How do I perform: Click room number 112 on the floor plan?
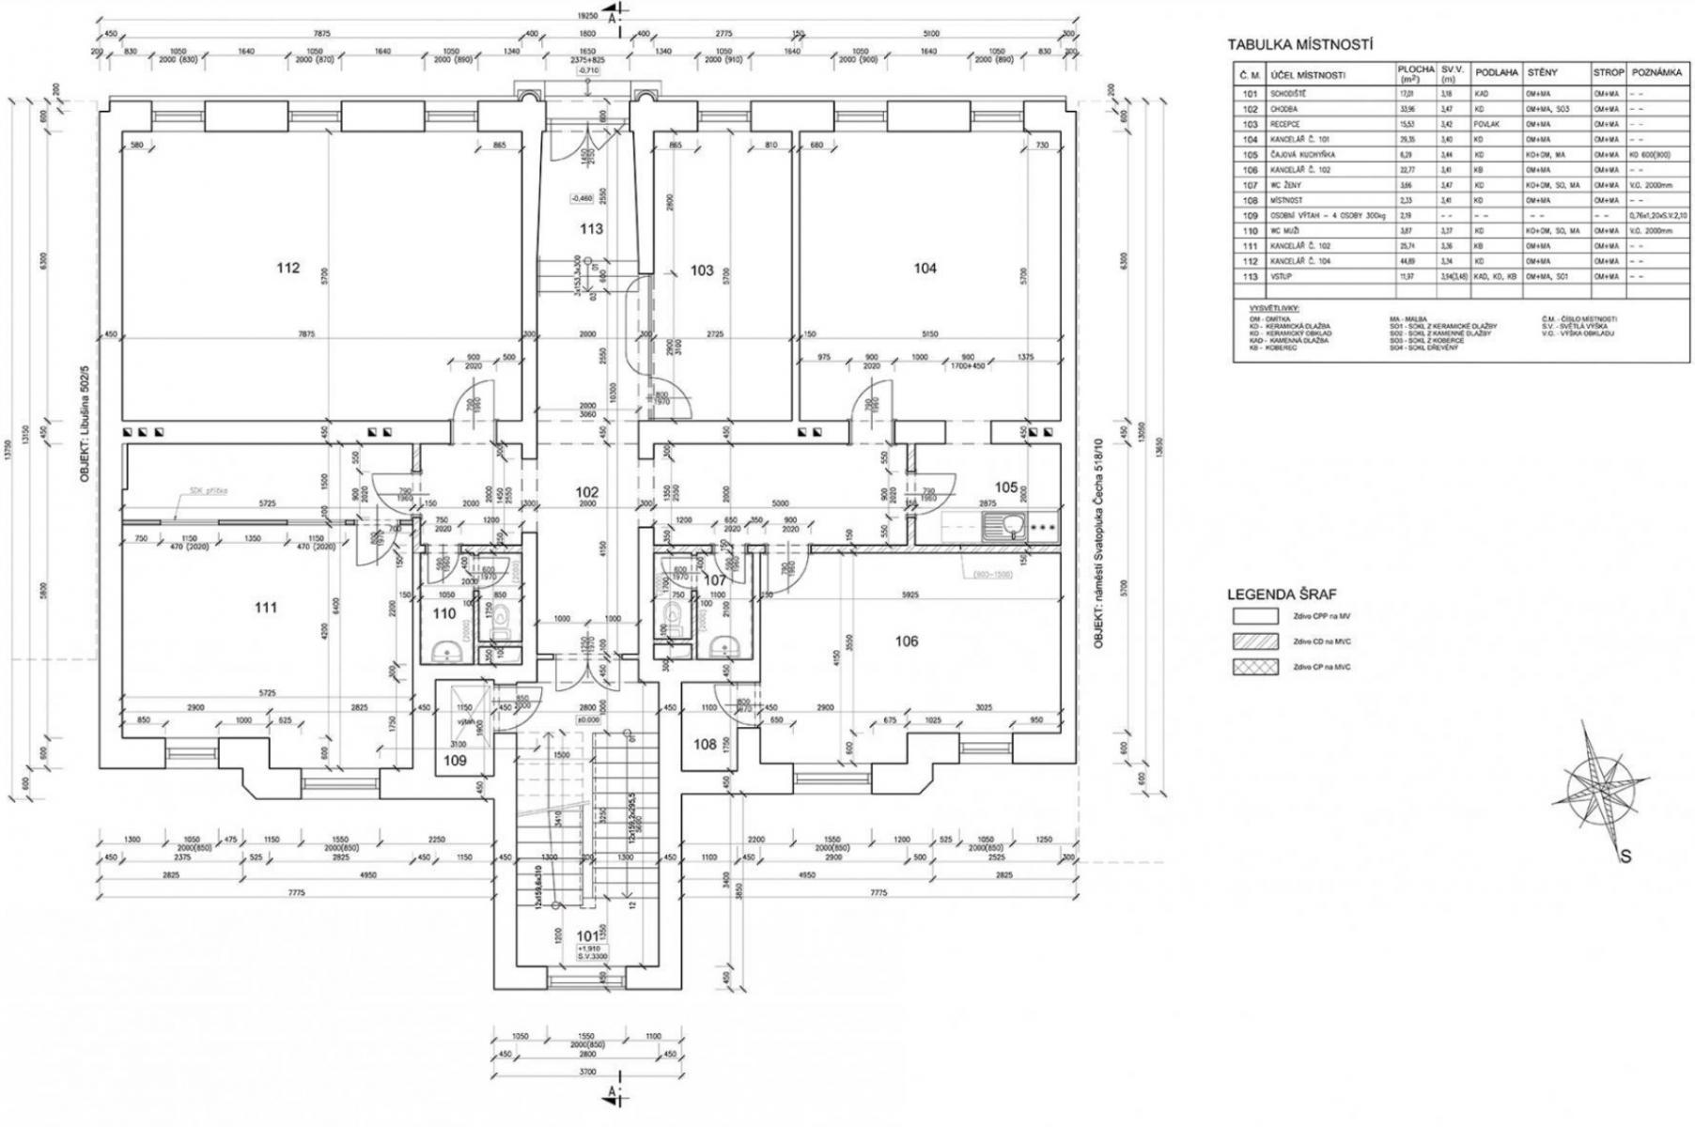coord(288,268)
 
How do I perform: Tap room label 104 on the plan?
coord(925,268)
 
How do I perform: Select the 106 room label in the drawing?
coord(907,641)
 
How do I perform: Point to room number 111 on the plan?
coord(266,608)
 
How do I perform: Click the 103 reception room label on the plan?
coord(702,270)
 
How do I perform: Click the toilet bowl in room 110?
coord(500,617)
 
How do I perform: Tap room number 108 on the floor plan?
coord(705,744)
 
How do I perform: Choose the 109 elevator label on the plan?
coord(455,761)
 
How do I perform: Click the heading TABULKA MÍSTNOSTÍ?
coord(1300,44)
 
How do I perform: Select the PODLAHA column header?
coord(1497,72)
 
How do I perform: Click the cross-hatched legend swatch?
coord(1255,667)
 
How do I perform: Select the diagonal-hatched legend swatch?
coord(1255,641)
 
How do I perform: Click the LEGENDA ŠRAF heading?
coord(1282,594)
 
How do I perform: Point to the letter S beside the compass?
coord(1624,856)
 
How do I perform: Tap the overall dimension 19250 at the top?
coord(589,16)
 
